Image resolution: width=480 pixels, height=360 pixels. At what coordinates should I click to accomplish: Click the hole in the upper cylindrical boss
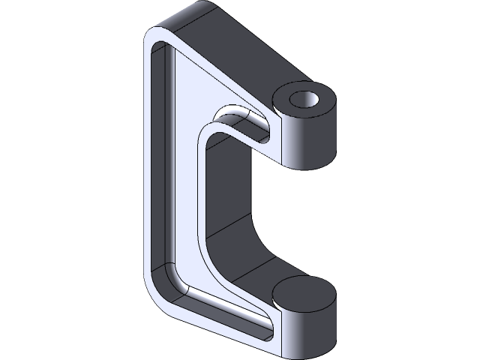coord(304,99)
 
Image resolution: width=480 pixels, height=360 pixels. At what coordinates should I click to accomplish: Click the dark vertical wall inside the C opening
coord(225,187)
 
